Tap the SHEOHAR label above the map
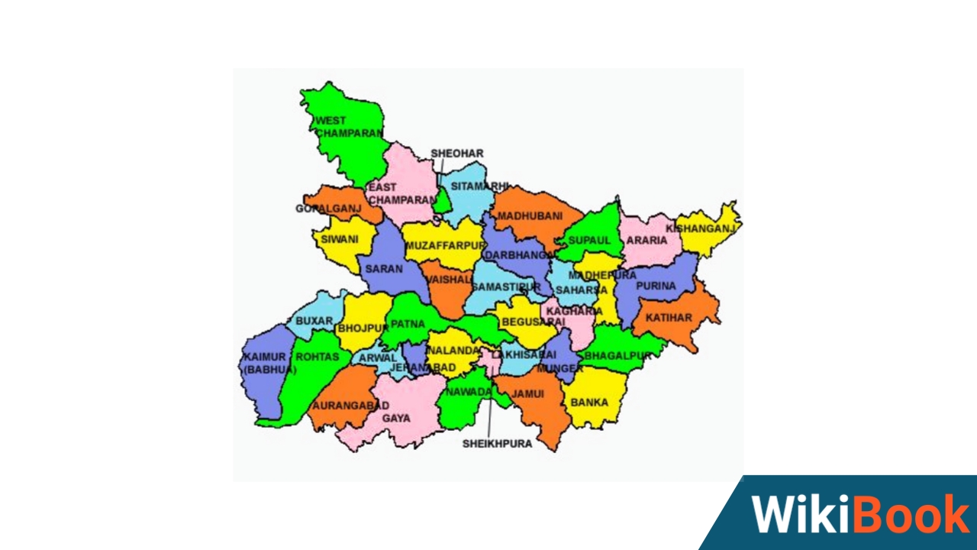(x=456, y=154)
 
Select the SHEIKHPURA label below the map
(x=497, y=444)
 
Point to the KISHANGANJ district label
(x=700, y=228)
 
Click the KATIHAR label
(x=669, y=318)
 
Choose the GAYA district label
(x=396, y=419)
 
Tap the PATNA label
(x=407, y=324)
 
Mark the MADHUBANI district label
(x=529, y=216)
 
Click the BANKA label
(x=589, y=402)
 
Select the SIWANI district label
(x=339, y=239)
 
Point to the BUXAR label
(x=314, y=321)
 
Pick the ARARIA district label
(x=646, y=240)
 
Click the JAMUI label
(x=527, y=394)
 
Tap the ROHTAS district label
(x=317, y=357)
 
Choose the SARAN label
(x=383, y=269)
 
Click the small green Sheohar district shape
(x=442, y=201)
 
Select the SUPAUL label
(x=589, y=240)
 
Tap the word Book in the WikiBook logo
(x=911, y=514)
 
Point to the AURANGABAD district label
(x=346, y=405)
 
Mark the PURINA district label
(x=656, y=286)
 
